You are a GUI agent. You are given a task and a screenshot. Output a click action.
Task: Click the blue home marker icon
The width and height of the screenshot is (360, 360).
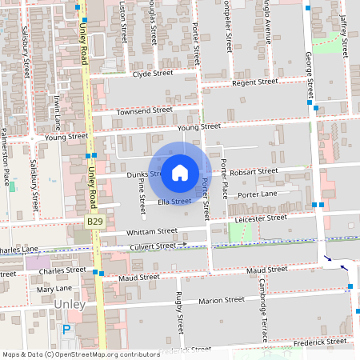click(x=180, y=172)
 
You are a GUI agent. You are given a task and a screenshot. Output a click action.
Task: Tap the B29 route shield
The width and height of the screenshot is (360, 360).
click(x=95, y=220)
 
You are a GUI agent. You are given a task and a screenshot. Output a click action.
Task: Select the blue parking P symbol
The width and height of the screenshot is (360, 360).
click(x=67, y=329)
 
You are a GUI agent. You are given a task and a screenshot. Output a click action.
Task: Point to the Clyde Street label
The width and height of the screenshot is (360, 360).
click(x=153, y=74)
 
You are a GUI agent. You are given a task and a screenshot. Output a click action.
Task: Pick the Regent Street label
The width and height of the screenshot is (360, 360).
click(x=254, y=82)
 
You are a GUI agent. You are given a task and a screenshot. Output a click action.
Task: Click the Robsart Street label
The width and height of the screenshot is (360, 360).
click(x=253, y=172)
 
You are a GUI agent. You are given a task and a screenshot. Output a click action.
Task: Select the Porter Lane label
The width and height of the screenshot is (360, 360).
click(x=257, y=194)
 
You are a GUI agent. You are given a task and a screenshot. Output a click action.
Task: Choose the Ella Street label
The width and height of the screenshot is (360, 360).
click(x=174, y=202)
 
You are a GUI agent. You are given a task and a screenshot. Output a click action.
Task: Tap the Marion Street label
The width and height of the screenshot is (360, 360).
click(x=222, y=301)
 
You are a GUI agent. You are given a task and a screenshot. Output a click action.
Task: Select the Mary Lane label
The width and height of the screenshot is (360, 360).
click(x=53, y=288)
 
